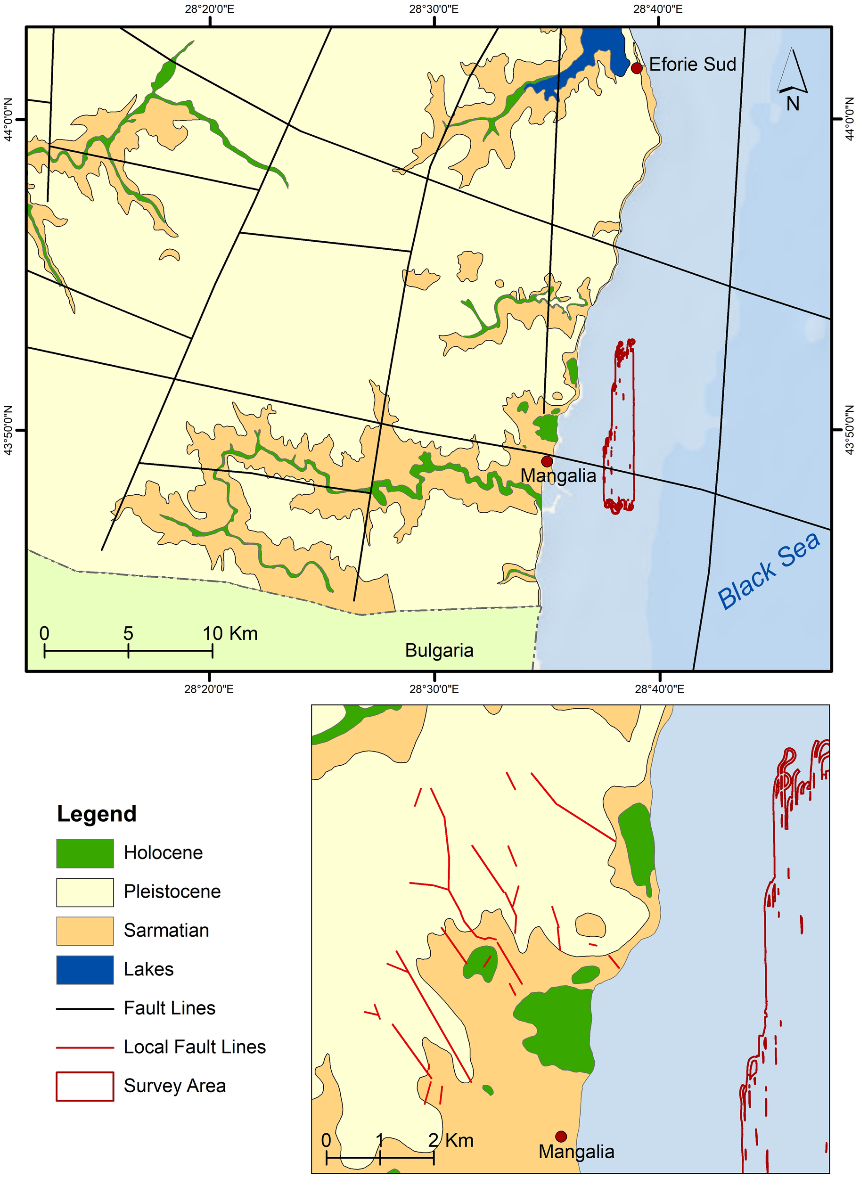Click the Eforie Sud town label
pos(692,65)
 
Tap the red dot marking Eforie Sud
pos(636,68)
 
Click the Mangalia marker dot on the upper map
pos(547,461)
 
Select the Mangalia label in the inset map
pos(576,1152)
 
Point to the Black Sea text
pos(769,572)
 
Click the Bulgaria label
pos(439,651)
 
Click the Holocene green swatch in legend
pos(85,853)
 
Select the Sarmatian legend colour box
pos(85,931)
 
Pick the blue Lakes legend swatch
pos(85,970)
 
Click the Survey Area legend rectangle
pos(85,1087)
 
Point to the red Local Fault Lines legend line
pos(85,1047)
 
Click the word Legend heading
pos(97,814)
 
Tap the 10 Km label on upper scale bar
pos(230,633)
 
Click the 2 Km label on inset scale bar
pos(451,1140)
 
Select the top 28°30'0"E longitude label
pos(434,9)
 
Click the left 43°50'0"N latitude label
pos(8,430)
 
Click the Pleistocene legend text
pos(172,892)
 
